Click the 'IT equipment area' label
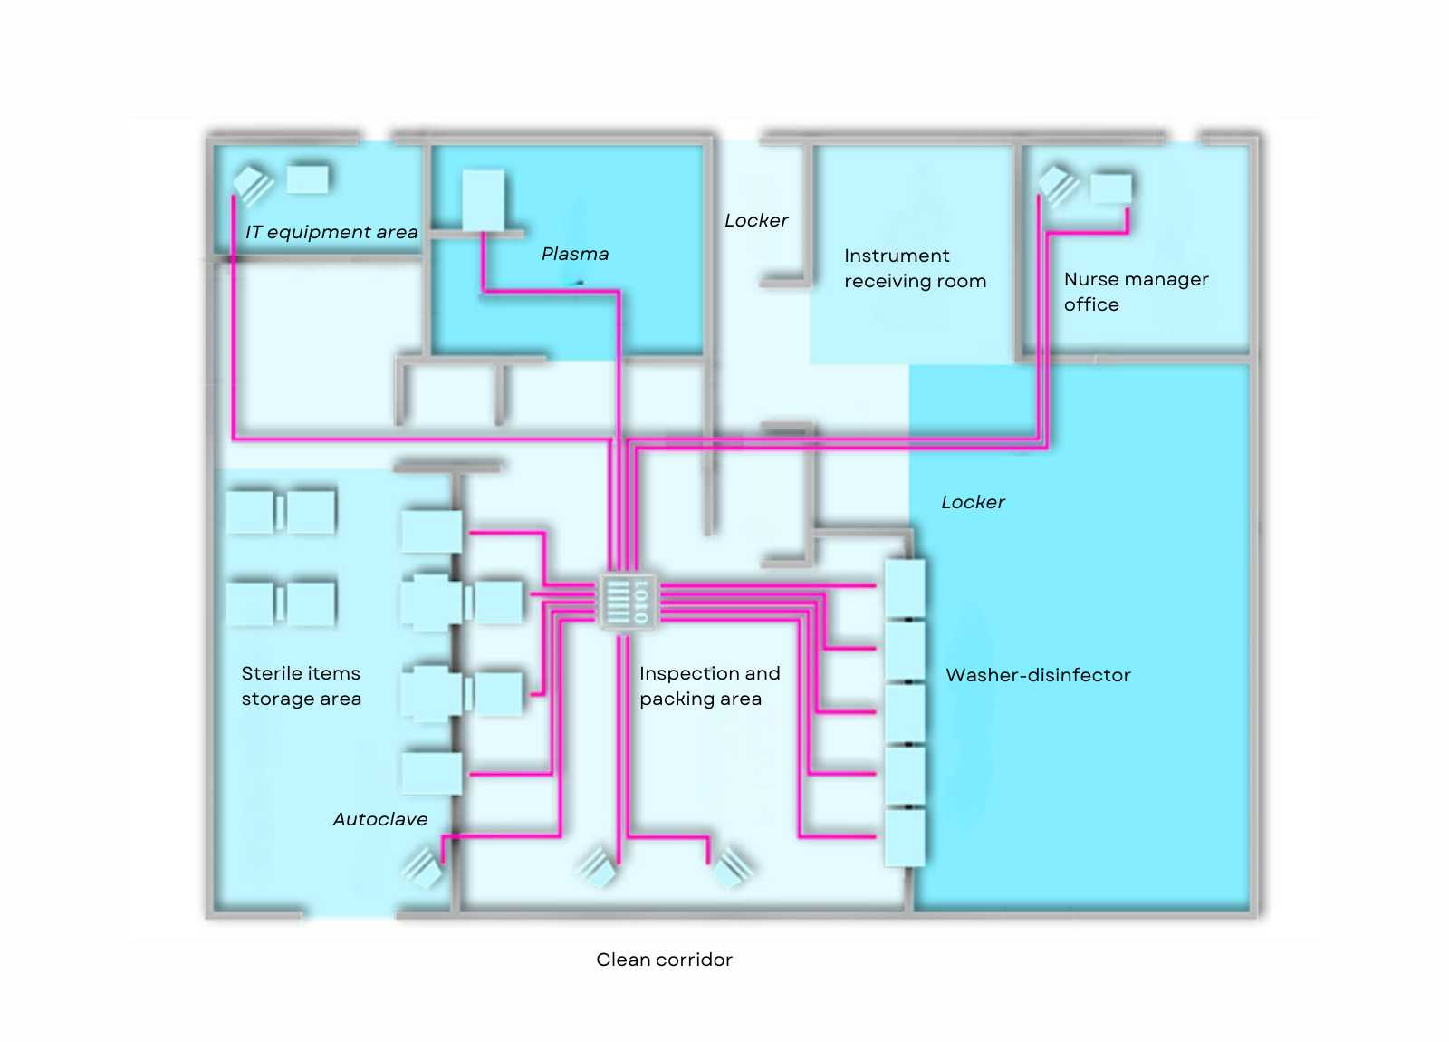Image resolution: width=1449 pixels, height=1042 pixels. tap(331, 232)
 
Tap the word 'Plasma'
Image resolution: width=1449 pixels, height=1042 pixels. tap(574, 254)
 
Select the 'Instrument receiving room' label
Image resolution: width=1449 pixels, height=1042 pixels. tap(915, 268)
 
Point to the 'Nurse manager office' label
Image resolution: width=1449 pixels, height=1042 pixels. tap(1136, 292)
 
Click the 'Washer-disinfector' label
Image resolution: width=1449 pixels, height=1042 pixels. tap(1038, 675)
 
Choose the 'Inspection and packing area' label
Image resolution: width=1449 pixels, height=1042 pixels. tap(710, 686)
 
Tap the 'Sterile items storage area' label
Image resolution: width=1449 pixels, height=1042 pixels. tap(301, 686)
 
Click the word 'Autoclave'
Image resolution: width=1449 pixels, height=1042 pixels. tap(379, 819)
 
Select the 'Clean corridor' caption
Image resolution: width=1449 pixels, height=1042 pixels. tap(664, 960)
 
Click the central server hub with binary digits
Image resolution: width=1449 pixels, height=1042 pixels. tap(628, 602)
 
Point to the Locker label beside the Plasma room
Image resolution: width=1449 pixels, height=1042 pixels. tap(755, 221)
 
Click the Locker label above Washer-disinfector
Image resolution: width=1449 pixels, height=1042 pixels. tap(973, 502)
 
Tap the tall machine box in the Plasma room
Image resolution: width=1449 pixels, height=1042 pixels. tap(484, 200)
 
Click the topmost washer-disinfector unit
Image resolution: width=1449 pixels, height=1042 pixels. tap(905, 588)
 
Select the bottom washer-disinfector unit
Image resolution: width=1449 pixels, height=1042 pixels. tap(905, 837)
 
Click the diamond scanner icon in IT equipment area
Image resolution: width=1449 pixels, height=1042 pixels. tap(253, 184)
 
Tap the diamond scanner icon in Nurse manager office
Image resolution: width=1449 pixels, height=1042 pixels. tap(1059, 185)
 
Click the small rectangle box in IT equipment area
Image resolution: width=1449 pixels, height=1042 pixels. tap(307, 178)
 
